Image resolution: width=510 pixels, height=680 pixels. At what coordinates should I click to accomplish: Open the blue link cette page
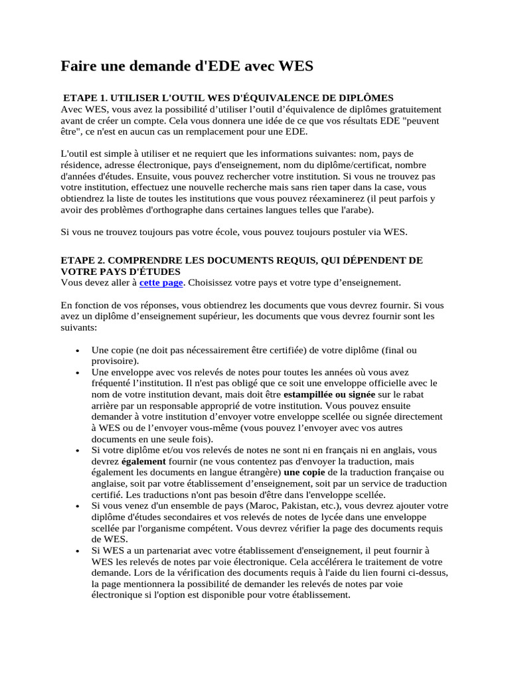tap(161, 282)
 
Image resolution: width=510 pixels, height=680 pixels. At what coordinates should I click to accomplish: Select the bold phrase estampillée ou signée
tap(337, 394)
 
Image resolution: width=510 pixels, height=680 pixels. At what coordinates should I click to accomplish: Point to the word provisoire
tap(114, 361)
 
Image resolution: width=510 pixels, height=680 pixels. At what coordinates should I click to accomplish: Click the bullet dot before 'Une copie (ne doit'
tap(79, 350)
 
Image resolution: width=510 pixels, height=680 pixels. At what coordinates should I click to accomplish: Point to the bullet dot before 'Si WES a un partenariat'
tap(79, 551)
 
